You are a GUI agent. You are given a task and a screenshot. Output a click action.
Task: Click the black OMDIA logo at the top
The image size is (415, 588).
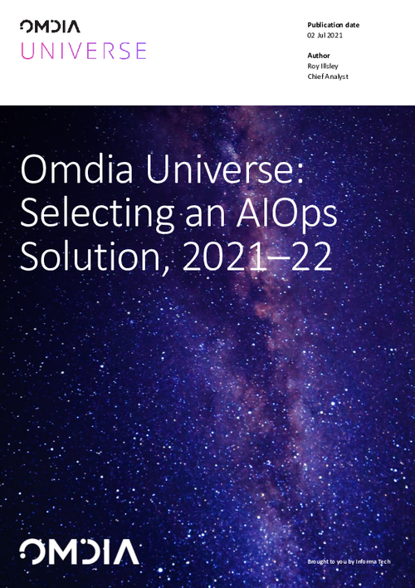click(x=56, y=28)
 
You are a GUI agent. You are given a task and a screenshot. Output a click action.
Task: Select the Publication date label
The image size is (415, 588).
click(x=333, y=25)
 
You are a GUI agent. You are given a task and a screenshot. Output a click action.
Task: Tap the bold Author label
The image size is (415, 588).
click(x=319, y=56)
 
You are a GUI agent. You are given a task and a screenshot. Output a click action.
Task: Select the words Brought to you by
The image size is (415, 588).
click(x=328, y=562)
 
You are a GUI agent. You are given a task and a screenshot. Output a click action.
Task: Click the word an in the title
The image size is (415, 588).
click(x=198, y=215)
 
